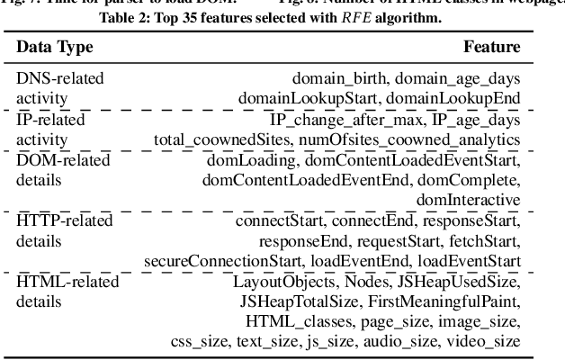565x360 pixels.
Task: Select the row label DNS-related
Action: pyautogui.click(x=60, y=78)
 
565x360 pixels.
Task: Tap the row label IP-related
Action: pyautogui.click(x=55, y=120)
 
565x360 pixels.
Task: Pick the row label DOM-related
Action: pyautogui.click(x=62, y=160)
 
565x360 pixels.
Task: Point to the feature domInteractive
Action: pyautogui.click(x=472, y=200)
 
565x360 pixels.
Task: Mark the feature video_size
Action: pyautogui.click(x=485, y=342)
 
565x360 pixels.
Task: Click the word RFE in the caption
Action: pyautogui.click(x=358, y=20)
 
